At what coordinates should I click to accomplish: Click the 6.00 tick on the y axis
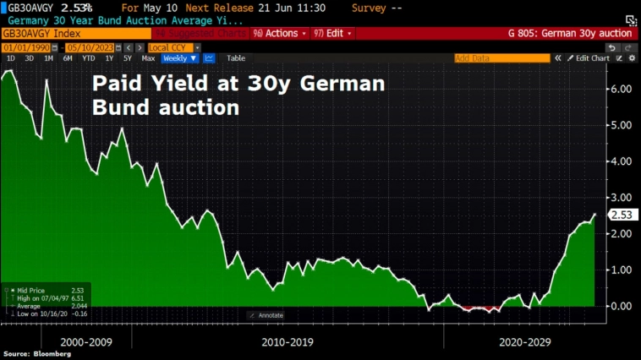click(x=621, y=89)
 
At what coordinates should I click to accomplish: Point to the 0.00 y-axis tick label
click(x=621, y=305)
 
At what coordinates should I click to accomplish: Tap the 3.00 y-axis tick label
click(x=621, y=197)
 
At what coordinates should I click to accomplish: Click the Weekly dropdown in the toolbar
click(x=179, y=58)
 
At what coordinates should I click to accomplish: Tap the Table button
click(x=236, y=58)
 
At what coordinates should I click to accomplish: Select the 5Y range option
click(x=127, y=58)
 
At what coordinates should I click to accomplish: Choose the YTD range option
click(x=87, y=58)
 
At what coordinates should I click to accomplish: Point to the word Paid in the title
click(x=113, y=85)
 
